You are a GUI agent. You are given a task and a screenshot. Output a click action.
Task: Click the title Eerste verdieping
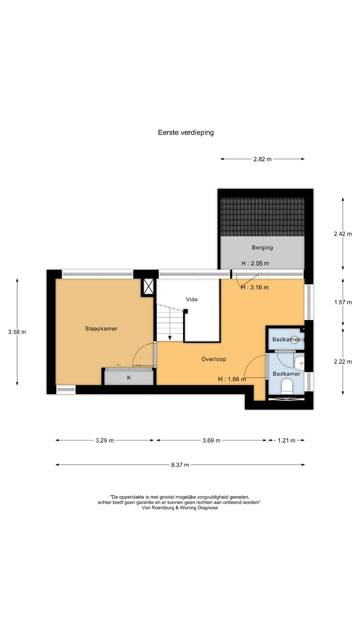tap(186, 133)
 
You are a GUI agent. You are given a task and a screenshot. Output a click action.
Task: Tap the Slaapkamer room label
tap(101, 329)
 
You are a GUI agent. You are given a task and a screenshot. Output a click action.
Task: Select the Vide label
tap(192, 299)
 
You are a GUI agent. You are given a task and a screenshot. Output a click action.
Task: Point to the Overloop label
tap(214, 359)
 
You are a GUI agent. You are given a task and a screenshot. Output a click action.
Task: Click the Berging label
tap(262, 247)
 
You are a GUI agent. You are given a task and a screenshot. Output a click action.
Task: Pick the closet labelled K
tap(129, 378)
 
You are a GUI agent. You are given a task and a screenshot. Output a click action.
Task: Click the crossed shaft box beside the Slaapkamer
tap(148, 286)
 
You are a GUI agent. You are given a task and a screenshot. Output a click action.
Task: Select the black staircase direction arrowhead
tap(170, 338)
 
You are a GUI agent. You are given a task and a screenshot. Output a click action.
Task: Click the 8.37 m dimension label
tap(180, 465)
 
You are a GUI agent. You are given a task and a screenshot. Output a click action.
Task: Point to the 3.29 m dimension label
tap(105, 440)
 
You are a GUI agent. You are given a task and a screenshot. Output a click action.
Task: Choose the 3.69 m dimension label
tap(211, 440)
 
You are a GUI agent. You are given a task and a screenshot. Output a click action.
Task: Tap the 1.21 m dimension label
tap(287, 440)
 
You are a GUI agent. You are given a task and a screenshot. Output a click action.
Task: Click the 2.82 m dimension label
tap(262, 159)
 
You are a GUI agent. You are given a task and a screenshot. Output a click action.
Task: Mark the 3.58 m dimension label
tap(17, 332)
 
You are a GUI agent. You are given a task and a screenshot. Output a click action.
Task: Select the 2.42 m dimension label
tap(343, 234)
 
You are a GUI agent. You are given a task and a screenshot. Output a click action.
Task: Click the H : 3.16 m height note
tap(255, 287)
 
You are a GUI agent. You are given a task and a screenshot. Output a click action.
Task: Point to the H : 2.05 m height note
tap(255, 263)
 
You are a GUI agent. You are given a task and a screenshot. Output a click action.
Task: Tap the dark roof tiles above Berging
tap(262, 217)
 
